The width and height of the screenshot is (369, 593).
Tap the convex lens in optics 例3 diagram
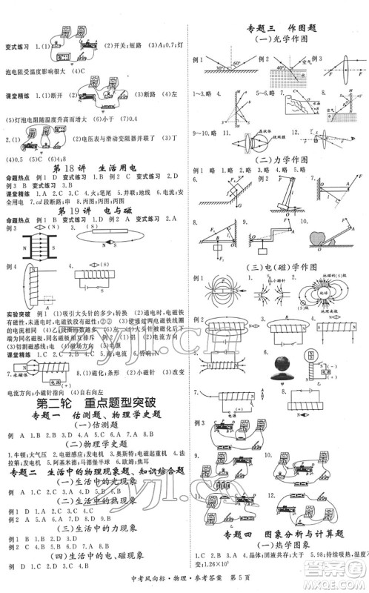(x=327, y=64)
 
